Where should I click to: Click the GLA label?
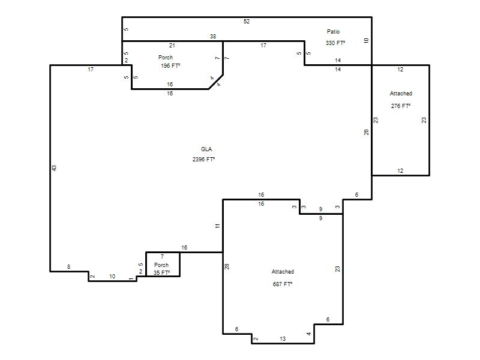(206, 149)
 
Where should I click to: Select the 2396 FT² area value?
(203, 159)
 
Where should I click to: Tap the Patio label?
(334, 32)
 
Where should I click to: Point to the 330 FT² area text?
(335, 43)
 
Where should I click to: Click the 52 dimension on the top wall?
(247, 22)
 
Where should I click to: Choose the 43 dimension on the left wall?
(54, 168)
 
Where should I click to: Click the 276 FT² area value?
(401, 106)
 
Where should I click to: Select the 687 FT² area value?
(283, 284)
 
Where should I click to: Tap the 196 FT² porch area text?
(170, 66)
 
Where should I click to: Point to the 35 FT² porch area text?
(161, 272)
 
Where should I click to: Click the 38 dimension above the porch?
(213, 37)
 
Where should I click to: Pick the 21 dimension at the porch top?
(172, 46)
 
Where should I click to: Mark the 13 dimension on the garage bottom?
(283, 338)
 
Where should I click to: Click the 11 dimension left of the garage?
(217, 226)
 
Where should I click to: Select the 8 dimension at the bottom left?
(68, 266)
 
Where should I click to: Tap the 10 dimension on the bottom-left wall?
(112, 277)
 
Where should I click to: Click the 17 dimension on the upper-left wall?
(91, 70)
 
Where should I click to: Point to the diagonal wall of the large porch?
(216, 82)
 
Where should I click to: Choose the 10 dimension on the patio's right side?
(367, 40)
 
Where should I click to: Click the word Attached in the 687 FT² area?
(283, 272)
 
